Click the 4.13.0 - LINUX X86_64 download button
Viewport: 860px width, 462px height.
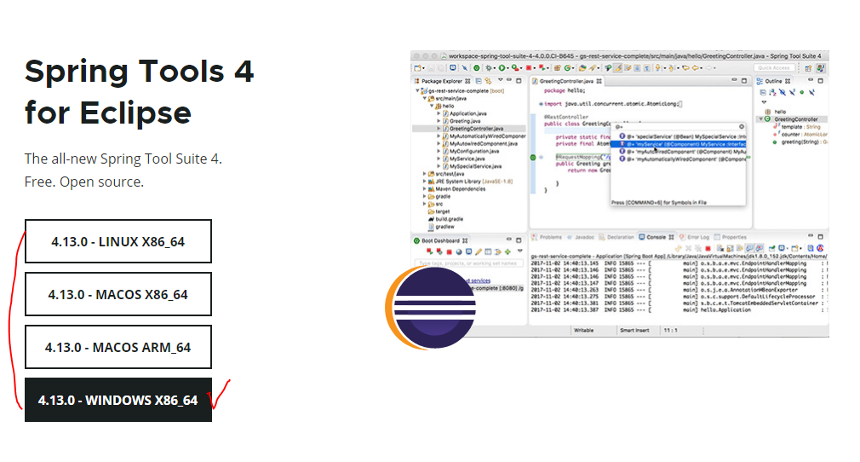click(x=118, y=241)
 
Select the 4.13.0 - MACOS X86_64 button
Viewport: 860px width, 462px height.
click(x=118, y=294)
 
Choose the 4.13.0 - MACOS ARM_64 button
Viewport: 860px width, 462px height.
click(x=118, y=347)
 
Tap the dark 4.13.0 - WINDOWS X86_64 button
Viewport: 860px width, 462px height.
click(x=118, y=400)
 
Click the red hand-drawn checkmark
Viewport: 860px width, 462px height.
click(x=219, y=393)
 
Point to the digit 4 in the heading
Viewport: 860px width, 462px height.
click(x=244, y=71)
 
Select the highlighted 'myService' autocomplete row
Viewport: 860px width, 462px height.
click(x=681, y=144)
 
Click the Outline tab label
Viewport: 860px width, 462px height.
click(x=773, y=82)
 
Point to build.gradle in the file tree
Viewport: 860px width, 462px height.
click(x=448, y=219)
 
